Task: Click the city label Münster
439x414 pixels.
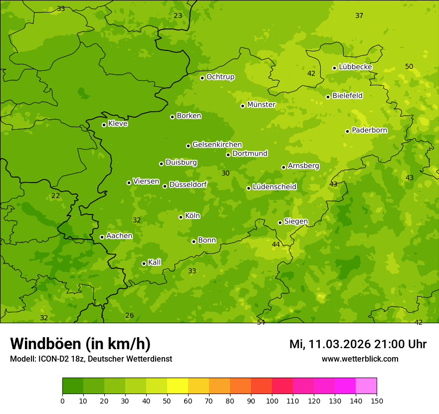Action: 261,105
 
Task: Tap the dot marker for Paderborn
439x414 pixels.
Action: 348,131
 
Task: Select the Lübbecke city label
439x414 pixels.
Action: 356,67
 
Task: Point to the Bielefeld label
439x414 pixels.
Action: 348,96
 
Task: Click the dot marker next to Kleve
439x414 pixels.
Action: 104,125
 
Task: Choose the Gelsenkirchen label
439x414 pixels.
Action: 217,145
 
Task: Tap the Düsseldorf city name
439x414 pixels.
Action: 188,185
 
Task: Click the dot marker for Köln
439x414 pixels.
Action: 181,217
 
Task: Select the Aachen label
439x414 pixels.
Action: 119,236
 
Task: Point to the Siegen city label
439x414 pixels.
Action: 296,221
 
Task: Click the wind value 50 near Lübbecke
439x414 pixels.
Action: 409,67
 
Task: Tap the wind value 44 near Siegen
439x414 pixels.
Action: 276,244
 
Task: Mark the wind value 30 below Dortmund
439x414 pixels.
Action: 225,173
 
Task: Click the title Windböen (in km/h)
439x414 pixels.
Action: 80,344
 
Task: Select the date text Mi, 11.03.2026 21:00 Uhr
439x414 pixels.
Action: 358,344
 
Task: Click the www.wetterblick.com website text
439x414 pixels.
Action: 360,359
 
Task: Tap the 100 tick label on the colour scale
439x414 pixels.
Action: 272,401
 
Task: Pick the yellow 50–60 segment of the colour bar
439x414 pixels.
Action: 178,386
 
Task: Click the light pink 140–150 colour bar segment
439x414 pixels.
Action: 366,386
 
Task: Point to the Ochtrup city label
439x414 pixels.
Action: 220,77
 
